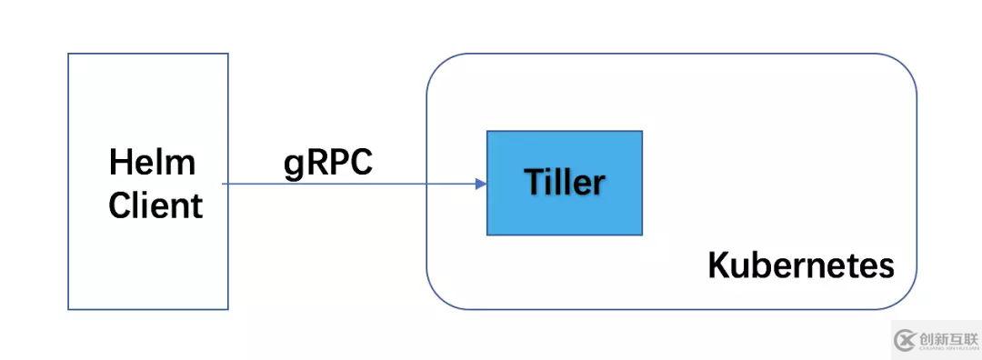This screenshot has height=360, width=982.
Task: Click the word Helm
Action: (x=152, y=164)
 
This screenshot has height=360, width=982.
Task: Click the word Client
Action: (x=155, y=205)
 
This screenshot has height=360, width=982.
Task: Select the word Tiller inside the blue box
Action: (x=564, y=183)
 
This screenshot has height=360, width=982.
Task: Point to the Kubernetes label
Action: (x=800, y=266)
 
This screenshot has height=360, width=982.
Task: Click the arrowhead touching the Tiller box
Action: (x=481, y=184)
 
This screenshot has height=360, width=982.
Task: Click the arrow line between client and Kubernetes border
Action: (x=327, y=184)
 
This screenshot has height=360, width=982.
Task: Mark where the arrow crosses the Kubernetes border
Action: (x=427, y=184)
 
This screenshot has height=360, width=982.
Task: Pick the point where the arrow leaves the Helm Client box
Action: (x=227, y=184)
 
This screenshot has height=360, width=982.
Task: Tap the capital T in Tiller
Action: (x=532, y=183)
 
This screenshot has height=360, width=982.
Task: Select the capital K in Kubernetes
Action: (x=717, y=266)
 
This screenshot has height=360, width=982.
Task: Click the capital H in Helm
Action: (x=118, y=164)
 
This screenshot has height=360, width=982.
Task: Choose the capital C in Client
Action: (x=119, y=205)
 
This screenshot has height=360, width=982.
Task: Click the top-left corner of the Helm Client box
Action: (x=68, y=54)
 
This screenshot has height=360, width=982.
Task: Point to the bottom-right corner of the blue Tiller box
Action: (x=642, y=235)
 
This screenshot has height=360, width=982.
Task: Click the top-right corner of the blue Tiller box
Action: (x=642, y=131)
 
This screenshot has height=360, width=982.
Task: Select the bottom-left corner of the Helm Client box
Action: (x=68, y=309)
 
